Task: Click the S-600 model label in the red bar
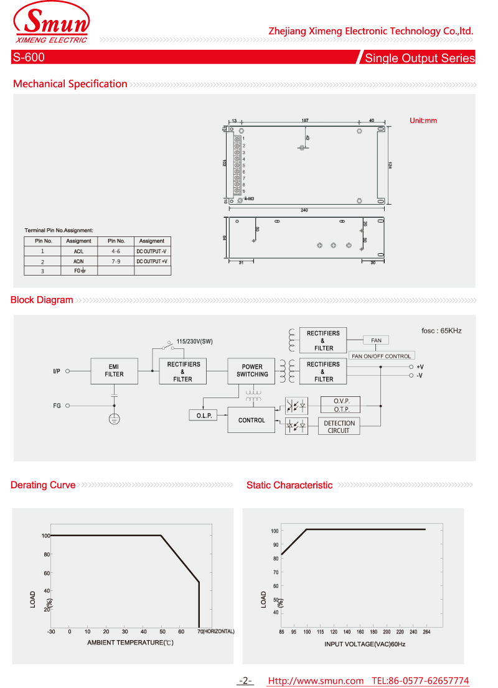28,58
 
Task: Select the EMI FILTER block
114,371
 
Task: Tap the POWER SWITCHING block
252,371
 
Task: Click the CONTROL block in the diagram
251,421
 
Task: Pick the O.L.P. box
204,415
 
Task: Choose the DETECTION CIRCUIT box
339,427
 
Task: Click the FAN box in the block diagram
376,340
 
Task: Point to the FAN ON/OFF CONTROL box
382,356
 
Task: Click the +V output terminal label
420,367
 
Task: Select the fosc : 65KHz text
442,331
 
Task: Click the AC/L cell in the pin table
78,251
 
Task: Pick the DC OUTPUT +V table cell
152,262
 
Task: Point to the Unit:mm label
423,121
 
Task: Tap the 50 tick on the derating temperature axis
162,631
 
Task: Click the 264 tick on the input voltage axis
426,632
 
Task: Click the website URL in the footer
316,681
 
